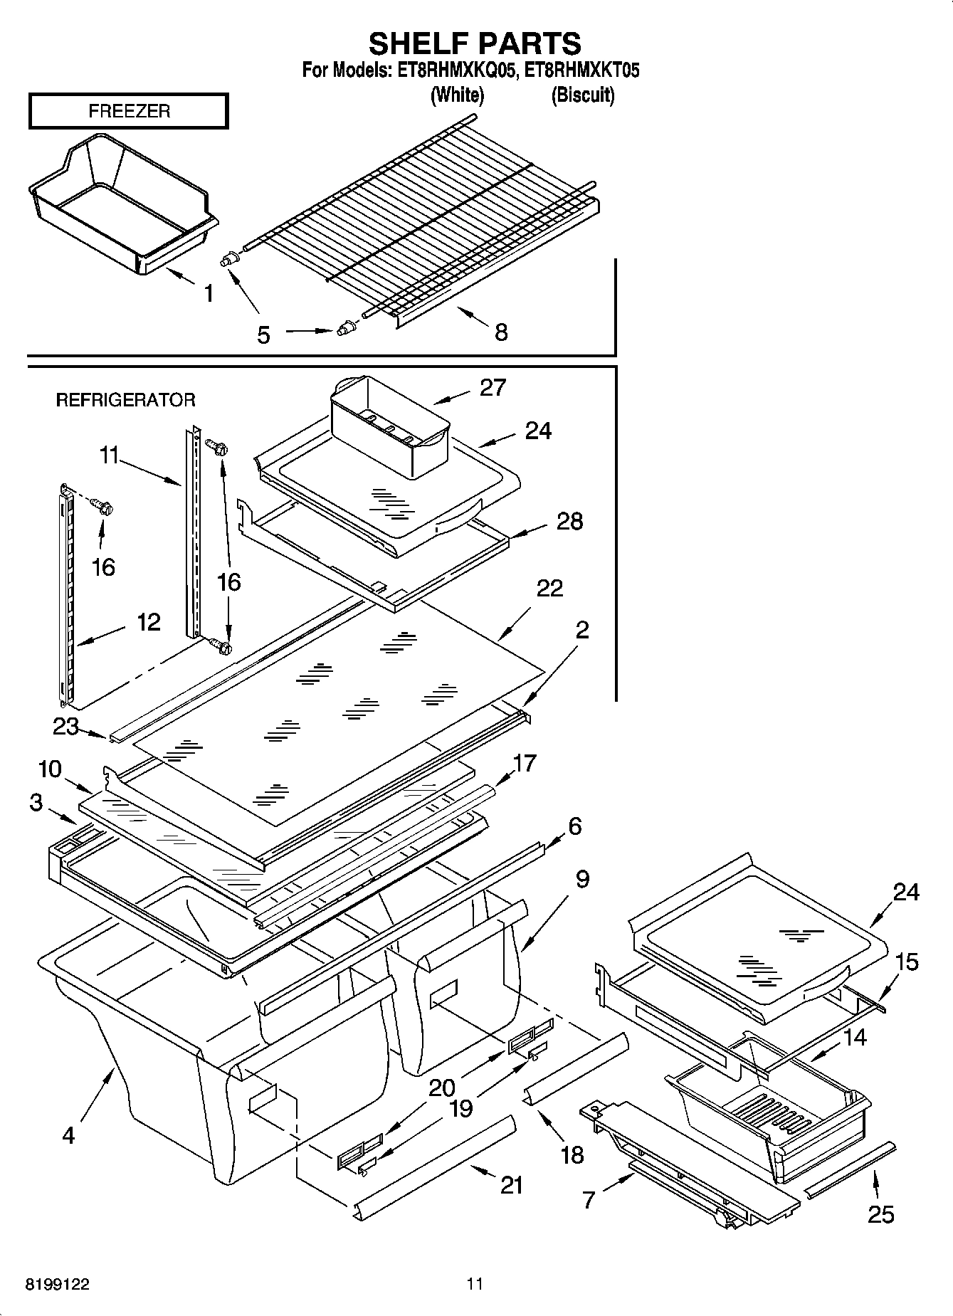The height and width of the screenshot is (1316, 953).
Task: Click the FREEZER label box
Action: (129, 111)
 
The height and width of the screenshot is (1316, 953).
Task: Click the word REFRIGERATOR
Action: (125, 400)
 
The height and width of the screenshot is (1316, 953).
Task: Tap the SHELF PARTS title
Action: (475, 43)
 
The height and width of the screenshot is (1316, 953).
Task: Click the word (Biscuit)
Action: (583, 95)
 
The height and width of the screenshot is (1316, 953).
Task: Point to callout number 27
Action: (493, 388)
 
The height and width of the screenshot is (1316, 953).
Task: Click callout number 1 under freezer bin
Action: (209, 293)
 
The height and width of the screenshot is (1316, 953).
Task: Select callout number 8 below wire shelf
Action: (501, 332)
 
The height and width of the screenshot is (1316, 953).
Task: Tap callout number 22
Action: (549, 588)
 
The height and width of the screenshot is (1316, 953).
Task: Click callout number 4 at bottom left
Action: (68, 1135)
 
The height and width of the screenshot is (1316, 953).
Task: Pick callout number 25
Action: (880, 1214)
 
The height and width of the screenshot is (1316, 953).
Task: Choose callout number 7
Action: (589, 1200)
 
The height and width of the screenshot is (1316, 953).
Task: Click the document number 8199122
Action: (58, 1284)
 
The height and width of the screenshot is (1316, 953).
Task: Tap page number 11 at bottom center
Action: (475, 1284)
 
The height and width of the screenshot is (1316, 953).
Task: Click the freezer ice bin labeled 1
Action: (121, 206)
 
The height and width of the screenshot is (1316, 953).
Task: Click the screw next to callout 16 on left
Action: (103, 508)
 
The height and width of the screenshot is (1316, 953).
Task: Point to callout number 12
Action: (148, 622)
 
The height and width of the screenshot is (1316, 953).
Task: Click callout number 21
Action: (512, 1185)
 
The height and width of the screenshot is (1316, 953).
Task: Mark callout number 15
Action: (907, 962)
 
